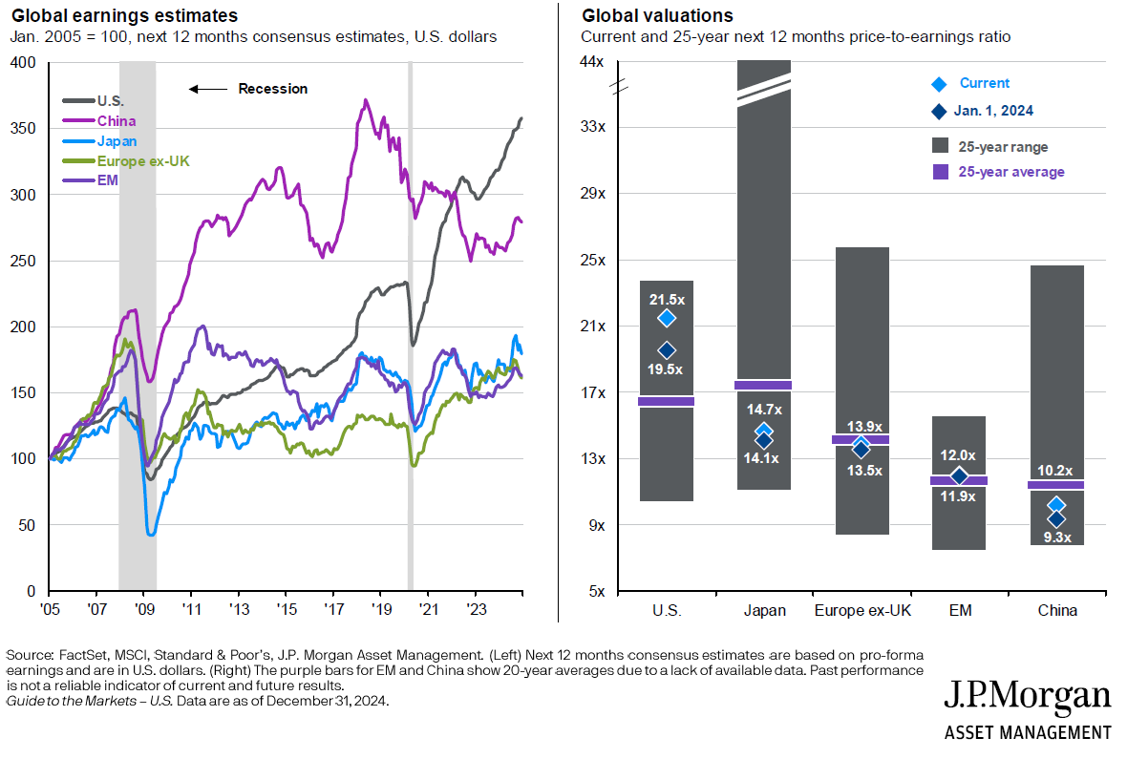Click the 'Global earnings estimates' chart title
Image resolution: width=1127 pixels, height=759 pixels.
124,16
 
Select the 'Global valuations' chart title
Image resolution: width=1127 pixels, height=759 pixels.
657,16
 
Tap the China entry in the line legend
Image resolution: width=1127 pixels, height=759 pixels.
116,121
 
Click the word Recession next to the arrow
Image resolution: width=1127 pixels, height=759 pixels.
272,89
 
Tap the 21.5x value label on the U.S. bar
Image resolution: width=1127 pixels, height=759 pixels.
667,299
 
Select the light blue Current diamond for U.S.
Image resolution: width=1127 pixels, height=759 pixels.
666,317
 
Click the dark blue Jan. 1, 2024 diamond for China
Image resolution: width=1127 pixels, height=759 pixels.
1056,518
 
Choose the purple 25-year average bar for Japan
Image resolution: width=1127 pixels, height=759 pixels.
762,385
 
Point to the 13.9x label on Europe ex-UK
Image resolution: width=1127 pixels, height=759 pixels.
864,426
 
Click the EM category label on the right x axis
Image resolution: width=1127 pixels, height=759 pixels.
960,611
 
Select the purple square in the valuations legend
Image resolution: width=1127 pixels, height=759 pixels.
939,172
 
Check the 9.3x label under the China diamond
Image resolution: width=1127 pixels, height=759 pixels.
1055,538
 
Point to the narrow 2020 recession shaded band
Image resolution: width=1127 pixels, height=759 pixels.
410,325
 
